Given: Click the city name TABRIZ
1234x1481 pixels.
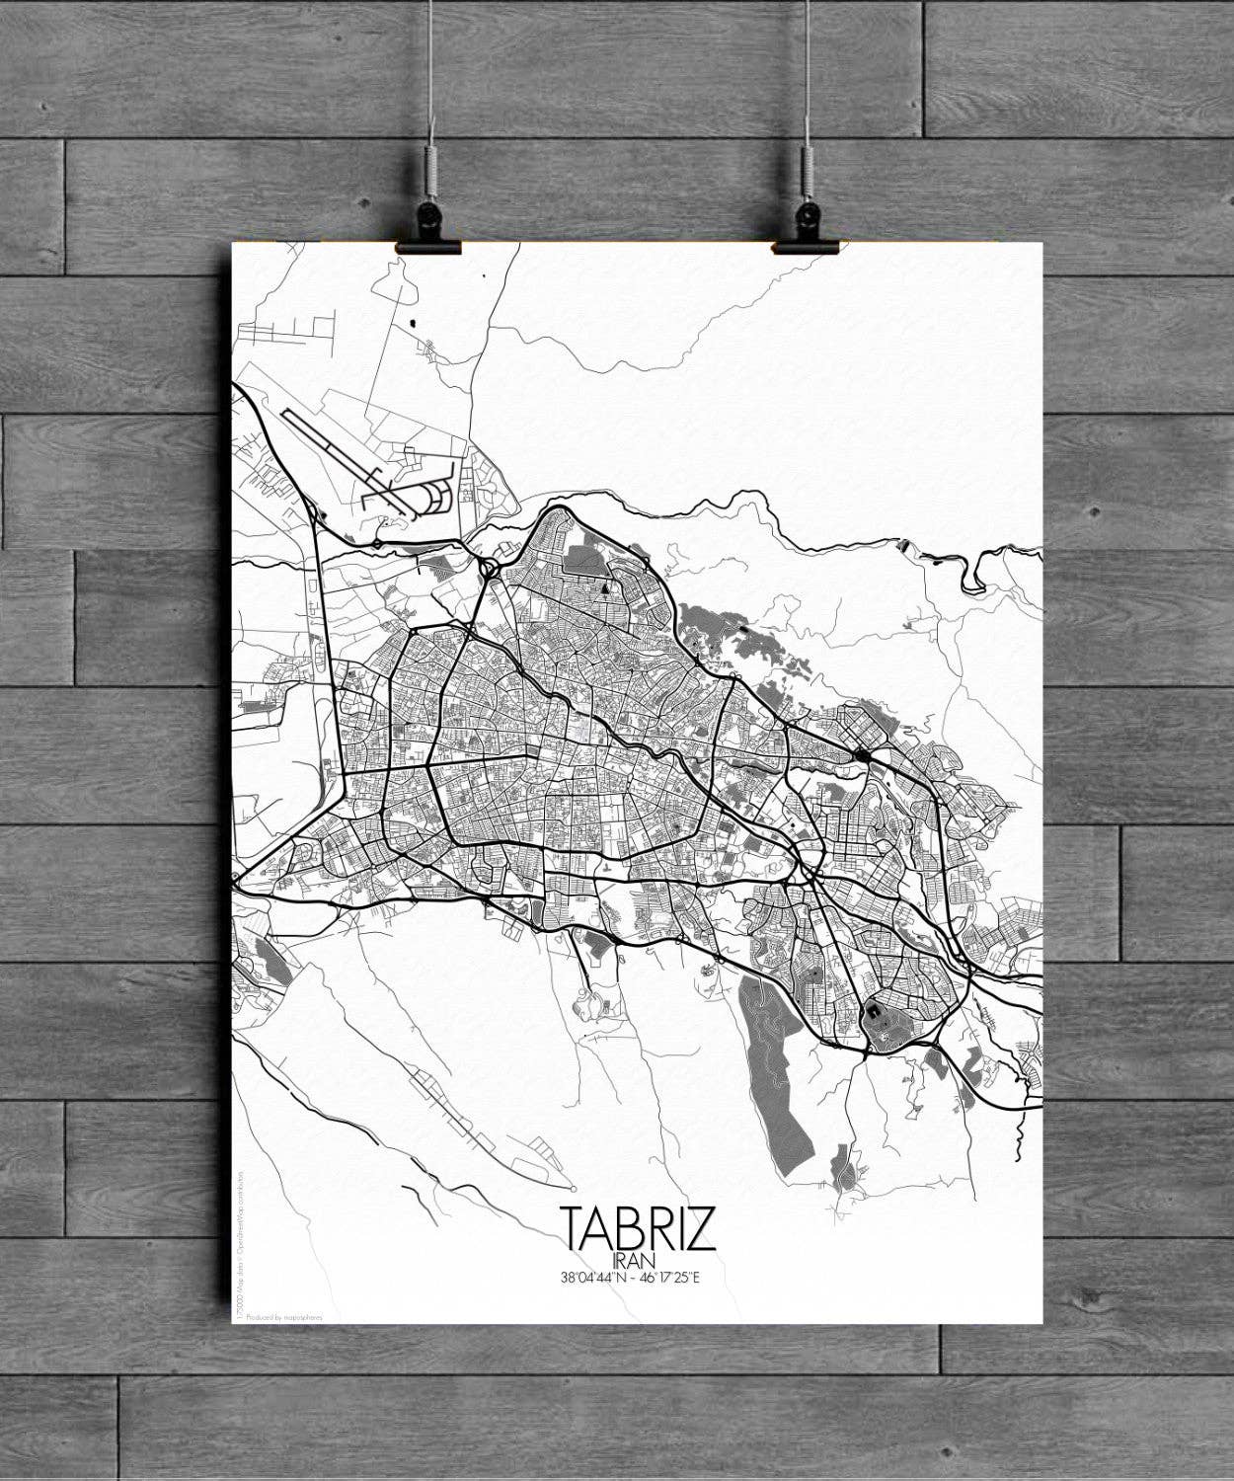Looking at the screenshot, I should [638, 1227].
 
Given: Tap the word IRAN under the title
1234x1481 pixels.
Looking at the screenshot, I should [635, 1261].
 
